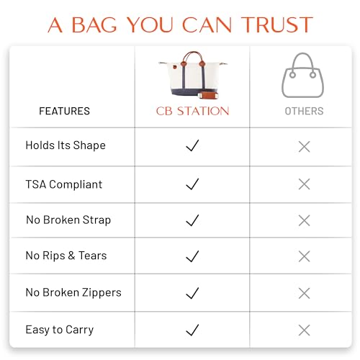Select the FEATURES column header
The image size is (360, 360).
64,111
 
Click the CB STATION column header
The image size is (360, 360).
193,111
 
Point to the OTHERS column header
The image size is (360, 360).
304,111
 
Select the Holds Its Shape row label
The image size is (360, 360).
66,145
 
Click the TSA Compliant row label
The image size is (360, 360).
64,184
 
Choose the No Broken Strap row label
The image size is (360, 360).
68,220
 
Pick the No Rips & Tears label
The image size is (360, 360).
67,256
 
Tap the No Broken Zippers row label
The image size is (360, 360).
73,292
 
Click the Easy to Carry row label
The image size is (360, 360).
60,330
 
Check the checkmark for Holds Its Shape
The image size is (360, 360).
192,146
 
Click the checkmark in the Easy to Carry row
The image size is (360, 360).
192,330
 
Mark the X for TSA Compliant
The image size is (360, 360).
304,184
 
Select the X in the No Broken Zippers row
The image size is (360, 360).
304,293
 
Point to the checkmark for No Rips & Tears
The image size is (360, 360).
192,256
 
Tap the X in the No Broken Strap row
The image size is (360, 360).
304,220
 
